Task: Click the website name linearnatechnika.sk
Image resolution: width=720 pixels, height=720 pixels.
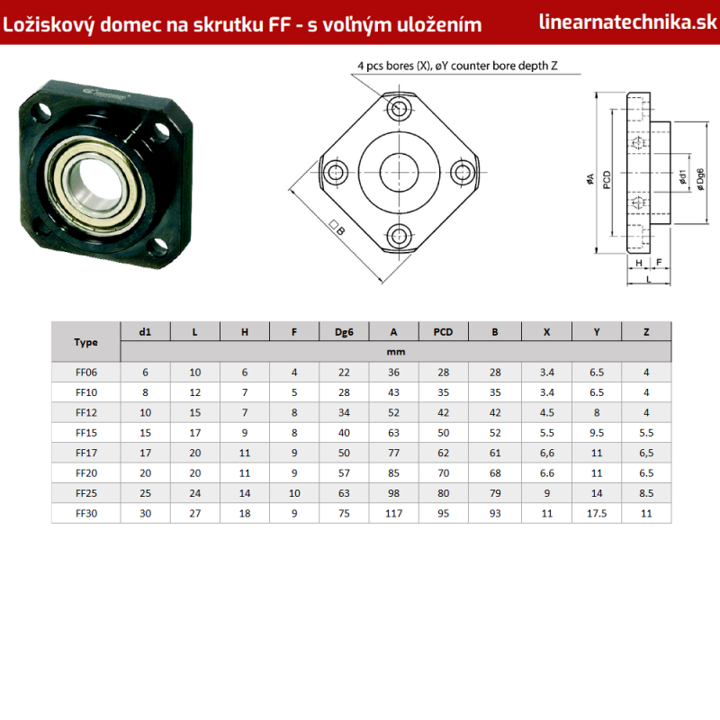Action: click(627, 22)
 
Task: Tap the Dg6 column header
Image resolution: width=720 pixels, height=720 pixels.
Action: click(344, 332)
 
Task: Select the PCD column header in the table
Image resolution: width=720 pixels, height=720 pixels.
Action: click(443, 332)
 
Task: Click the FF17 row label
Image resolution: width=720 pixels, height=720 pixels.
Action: click(86, 453)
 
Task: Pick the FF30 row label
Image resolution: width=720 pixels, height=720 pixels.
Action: click(86, 513)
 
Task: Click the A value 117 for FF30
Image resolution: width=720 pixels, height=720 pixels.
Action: click(393, 513)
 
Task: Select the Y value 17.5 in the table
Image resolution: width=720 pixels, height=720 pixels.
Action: click(597, 513)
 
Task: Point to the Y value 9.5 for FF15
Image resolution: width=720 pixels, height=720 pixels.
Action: click(597, 433)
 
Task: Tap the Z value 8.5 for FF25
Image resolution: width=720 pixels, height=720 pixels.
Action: click(646, 493)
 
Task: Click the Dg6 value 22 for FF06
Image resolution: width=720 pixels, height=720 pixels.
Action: click(344, 373)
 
